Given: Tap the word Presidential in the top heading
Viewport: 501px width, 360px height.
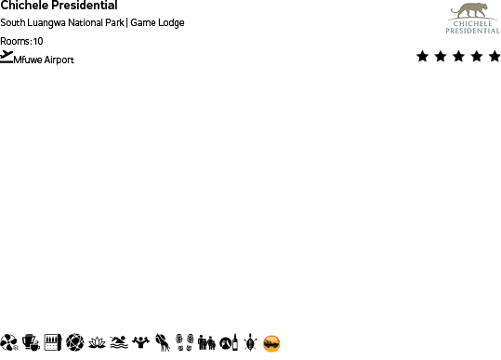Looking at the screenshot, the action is [x=84, y=6].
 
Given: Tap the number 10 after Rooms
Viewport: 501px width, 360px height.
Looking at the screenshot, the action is [x=38, y=41].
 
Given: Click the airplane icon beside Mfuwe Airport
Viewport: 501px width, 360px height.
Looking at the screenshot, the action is [x=7, y=57].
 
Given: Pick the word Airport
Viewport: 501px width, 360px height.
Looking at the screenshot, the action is [x=59, y=60].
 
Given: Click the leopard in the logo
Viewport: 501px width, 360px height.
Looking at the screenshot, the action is [x=471, y=11].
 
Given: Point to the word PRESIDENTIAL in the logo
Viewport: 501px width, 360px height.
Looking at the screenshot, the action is [x=472, y=31].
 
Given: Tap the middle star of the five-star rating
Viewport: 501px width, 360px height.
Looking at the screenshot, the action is [x=458, y=57].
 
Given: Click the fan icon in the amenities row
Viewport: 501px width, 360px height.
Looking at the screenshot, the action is [x=9, y=342].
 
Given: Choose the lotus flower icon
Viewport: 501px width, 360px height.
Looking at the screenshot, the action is [x=97, y=342].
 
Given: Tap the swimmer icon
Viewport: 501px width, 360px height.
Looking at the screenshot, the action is [x=119, y=342].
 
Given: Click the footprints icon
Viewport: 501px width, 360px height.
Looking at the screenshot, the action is [x=184, y=342].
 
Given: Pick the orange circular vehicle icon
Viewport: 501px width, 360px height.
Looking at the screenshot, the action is [x=271, y=343].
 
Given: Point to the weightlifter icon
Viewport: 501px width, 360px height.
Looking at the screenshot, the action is [x=140, y=342].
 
